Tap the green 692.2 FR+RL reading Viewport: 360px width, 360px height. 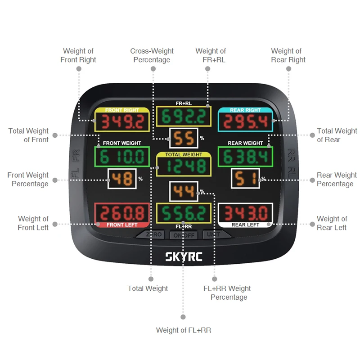(184, 117)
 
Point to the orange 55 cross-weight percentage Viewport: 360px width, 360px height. (184, 139)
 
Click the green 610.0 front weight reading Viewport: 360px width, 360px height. (122, 157)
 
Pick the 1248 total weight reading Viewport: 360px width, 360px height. (184, 166)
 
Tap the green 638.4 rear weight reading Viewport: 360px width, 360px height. (245, 157)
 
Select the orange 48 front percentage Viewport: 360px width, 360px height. (122, 179)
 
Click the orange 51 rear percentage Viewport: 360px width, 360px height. (245, 179)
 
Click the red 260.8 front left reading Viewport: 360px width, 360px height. (121, 212)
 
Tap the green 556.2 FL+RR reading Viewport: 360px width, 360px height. (184, 212)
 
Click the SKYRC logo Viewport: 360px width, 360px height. (184, 258)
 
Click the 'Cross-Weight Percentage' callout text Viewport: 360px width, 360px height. (152, 55)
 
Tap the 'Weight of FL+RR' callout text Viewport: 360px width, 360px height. (183, 330)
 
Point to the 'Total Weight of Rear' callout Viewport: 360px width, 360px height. (337, 135)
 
